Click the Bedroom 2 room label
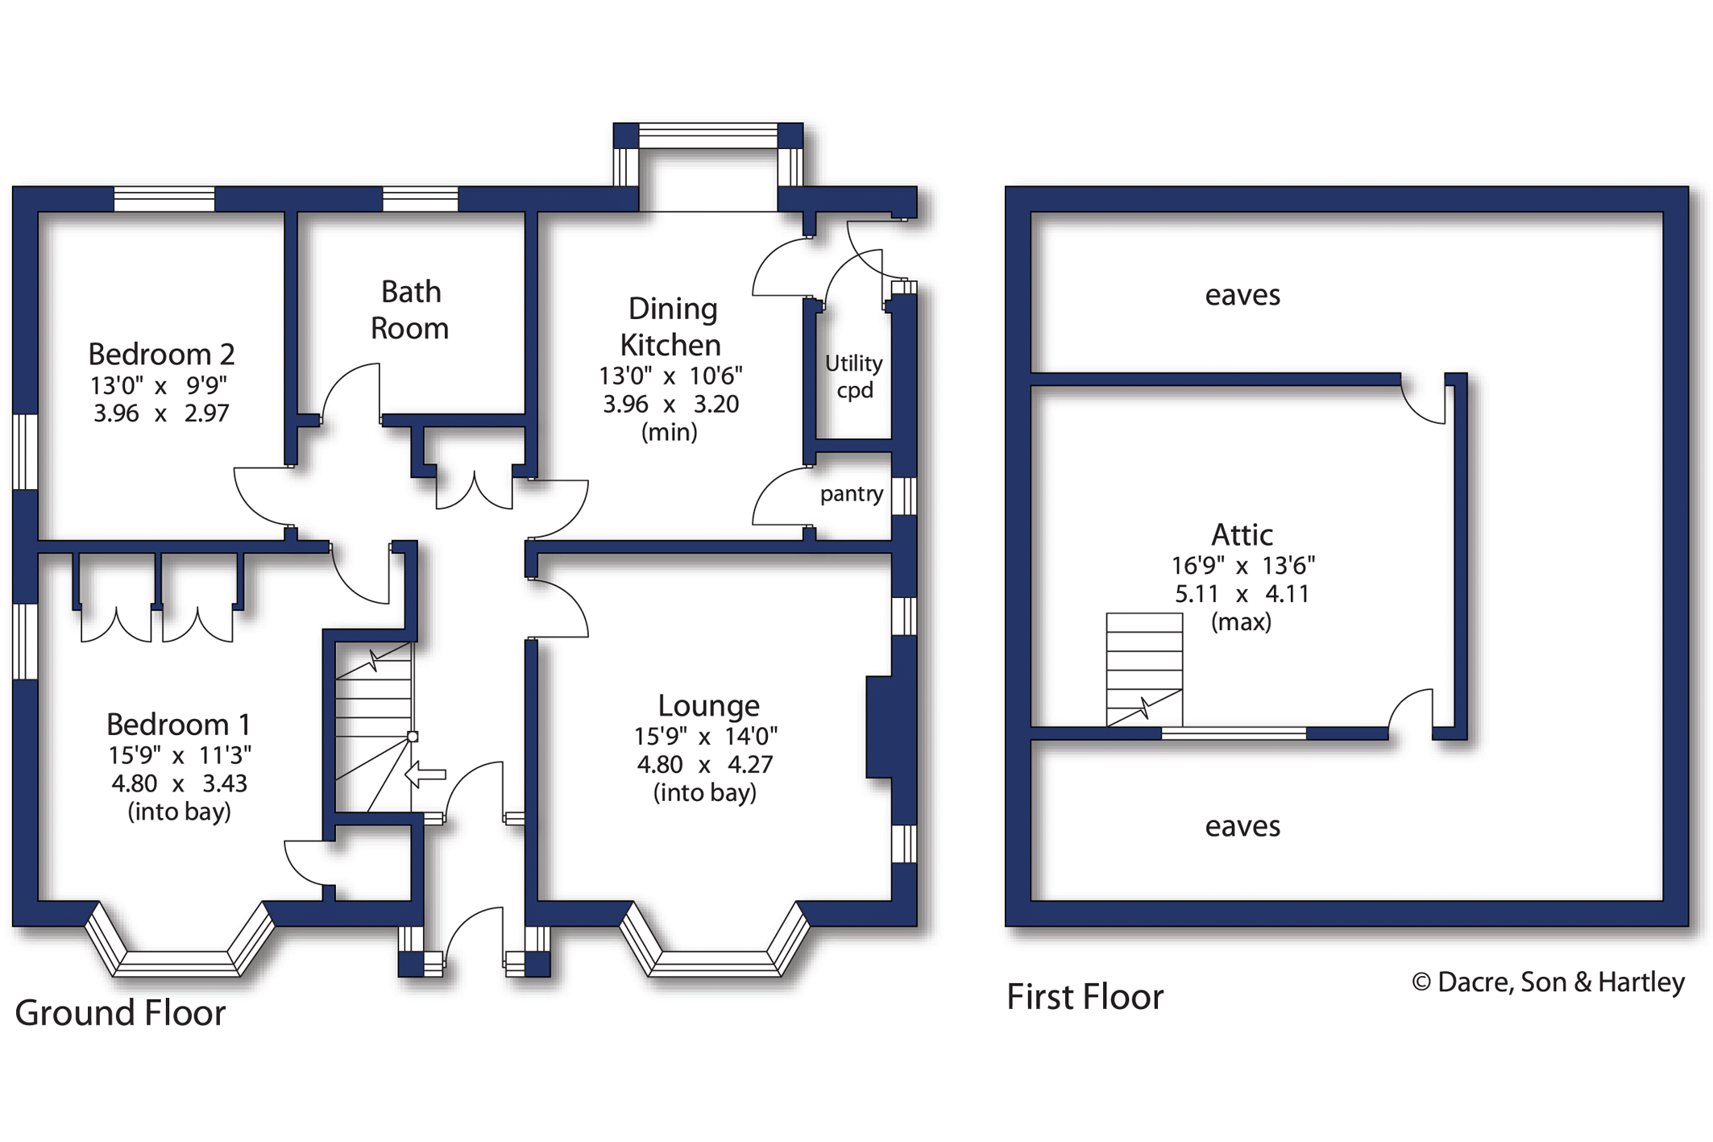coord(161,354)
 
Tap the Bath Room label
coord(410,309)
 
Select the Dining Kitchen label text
coord(671,326)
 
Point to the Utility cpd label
coord(854,376)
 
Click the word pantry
coord(852,493)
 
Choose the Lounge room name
coord(708,705)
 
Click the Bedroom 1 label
coord(178,724)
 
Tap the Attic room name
coord(1242,534)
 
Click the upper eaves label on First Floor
coord(1242,296)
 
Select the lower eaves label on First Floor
coord(1242,827)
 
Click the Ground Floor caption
coord(120,1012)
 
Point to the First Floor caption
coord(1085,997)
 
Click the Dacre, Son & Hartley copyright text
coord(1548,982)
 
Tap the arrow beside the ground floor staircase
coord(425,774)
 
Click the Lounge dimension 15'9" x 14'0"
coord(706,737)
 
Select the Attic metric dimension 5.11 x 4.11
coord(1242,594)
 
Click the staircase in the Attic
coord(1144,670)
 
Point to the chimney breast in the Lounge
coord(879,727)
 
